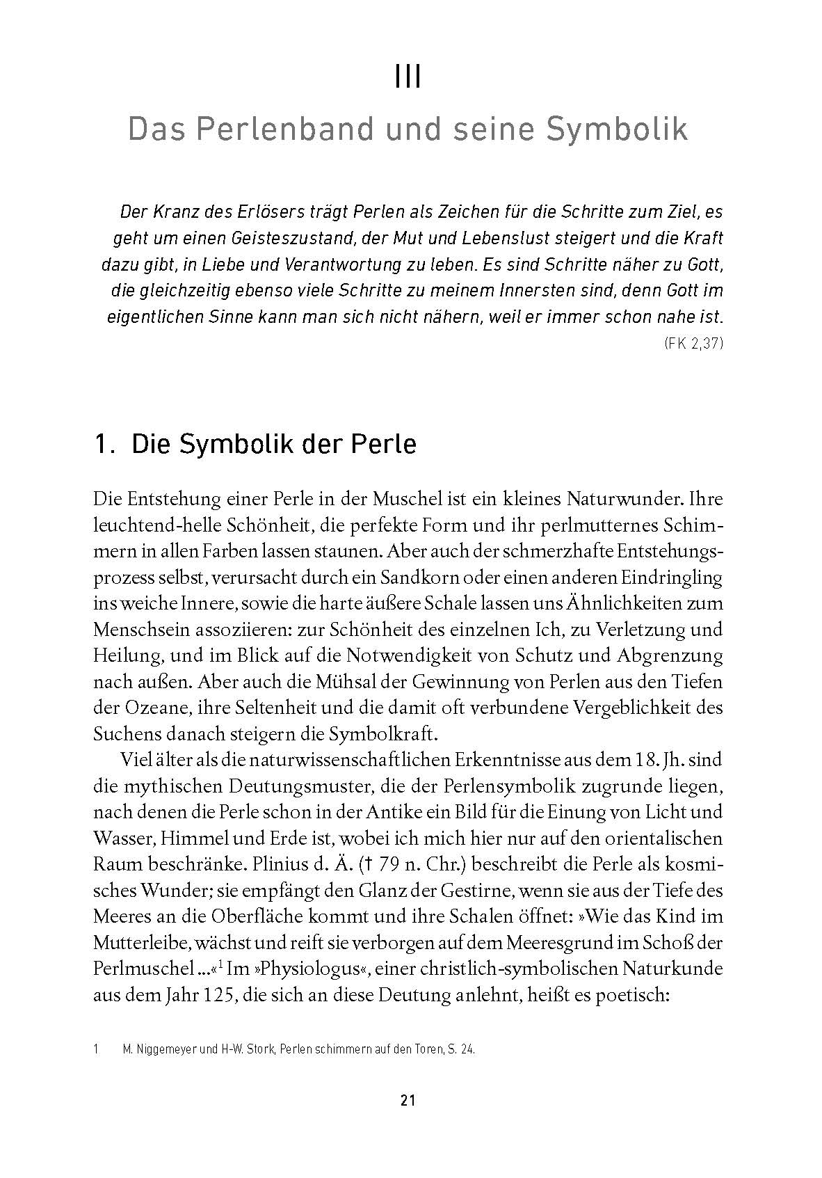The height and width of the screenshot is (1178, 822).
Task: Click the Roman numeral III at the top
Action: pyautogui.click(x=408, y=77)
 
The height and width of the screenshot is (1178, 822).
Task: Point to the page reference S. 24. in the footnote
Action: pyautogui.click(x=459, y=1050)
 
